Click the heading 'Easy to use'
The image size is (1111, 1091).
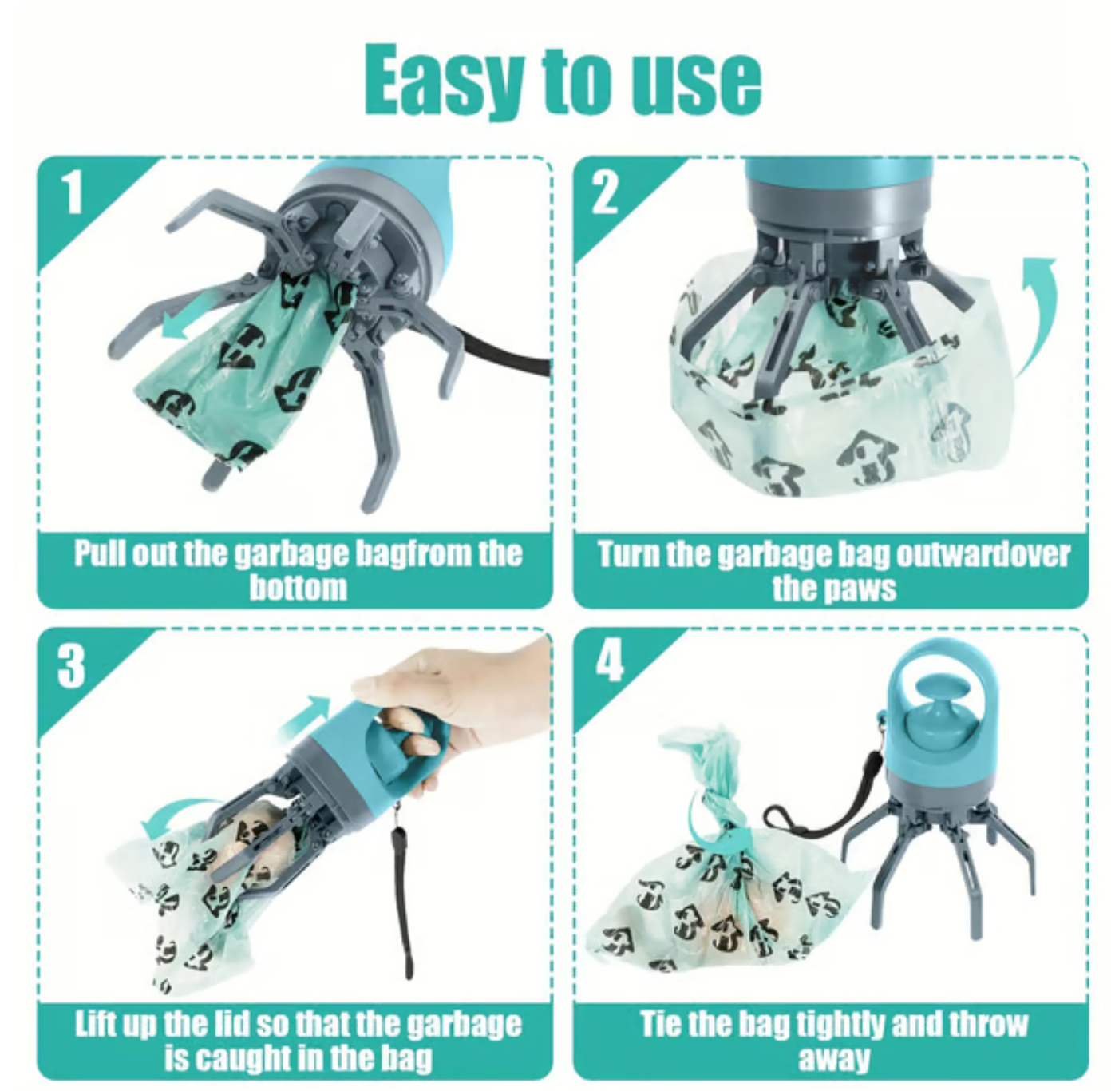coord(563,80)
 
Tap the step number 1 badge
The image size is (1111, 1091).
coord(73,193)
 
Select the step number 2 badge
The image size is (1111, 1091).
coord(605,193)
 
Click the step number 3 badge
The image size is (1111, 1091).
coord(72,665)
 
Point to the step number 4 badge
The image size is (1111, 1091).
coord(608,661)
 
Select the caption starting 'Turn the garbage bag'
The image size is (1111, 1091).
coord(832,570)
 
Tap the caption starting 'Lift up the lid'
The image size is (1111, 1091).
coord(297,1041)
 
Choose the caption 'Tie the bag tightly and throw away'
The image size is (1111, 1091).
coord(832,1041)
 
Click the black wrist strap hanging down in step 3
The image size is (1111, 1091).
coord(401,895)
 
